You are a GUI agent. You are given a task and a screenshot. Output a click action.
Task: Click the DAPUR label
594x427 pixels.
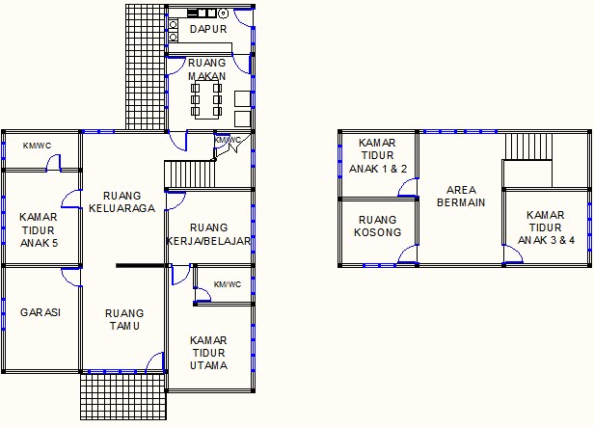pos(208,30)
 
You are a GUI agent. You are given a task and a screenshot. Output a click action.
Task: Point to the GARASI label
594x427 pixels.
pos(40,313)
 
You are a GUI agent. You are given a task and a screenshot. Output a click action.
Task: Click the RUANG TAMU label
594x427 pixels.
pos(124,320)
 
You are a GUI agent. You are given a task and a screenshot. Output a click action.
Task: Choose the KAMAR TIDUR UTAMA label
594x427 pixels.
pos(208,353)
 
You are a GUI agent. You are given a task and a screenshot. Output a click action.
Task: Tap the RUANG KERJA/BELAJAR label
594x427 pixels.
pos(209,234)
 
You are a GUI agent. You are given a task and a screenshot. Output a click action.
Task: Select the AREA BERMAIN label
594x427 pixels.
pos(461,196)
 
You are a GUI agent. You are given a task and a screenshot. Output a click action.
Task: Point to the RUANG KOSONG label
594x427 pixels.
pos(378,227)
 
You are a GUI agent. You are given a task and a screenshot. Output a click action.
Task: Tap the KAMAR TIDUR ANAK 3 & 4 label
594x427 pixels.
pos(546,227)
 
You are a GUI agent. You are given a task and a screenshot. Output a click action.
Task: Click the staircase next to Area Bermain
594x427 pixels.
pos(527,147)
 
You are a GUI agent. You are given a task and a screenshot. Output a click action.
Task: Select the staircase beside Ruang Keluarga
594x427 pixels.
pos(189,174)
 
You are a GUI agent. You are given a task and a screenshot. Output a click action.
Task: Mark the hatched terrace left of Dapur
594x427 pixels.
pos(145,66)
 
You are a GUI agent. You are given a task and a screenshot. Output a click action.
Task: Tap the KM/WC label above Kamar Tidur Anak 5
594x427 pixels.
pos(38,146)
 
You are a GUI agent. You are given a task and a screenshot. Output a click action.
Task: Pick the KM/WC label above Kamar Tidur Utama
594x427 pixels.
pos(228,284)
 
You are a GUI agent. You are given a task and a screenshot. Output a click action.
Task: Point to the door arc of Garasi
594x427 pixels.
pos(71,276)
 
